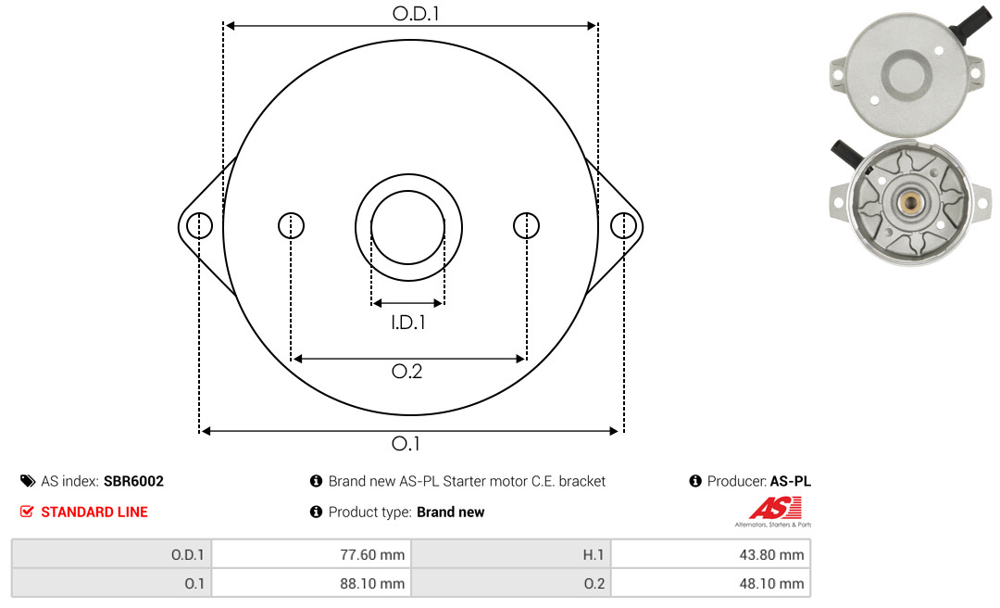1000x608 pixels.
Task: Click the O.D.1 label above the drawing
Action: tap(416, 13)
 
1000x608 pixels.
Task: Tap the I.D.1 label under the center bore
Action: tap(408, 323)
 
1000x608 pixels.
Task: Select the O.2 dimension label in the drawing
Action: tap(406, 371)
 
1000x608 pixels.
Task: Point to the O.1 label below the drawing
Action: tap(406, 443)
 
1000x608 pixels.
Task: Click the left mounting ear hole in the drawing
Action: tap(200, 225)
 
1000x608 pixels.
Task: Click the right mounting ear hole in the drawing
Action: tap(623, 225)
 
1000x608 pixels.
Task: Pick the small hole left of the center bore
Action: tap(291, 225)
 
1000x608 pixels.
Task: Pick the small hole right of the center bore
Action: tap(526, 225)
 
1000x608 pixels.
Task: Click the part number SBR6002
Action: tap(133, 481)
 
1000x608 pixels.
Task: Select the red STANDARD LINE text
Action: tap(94, 513)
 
